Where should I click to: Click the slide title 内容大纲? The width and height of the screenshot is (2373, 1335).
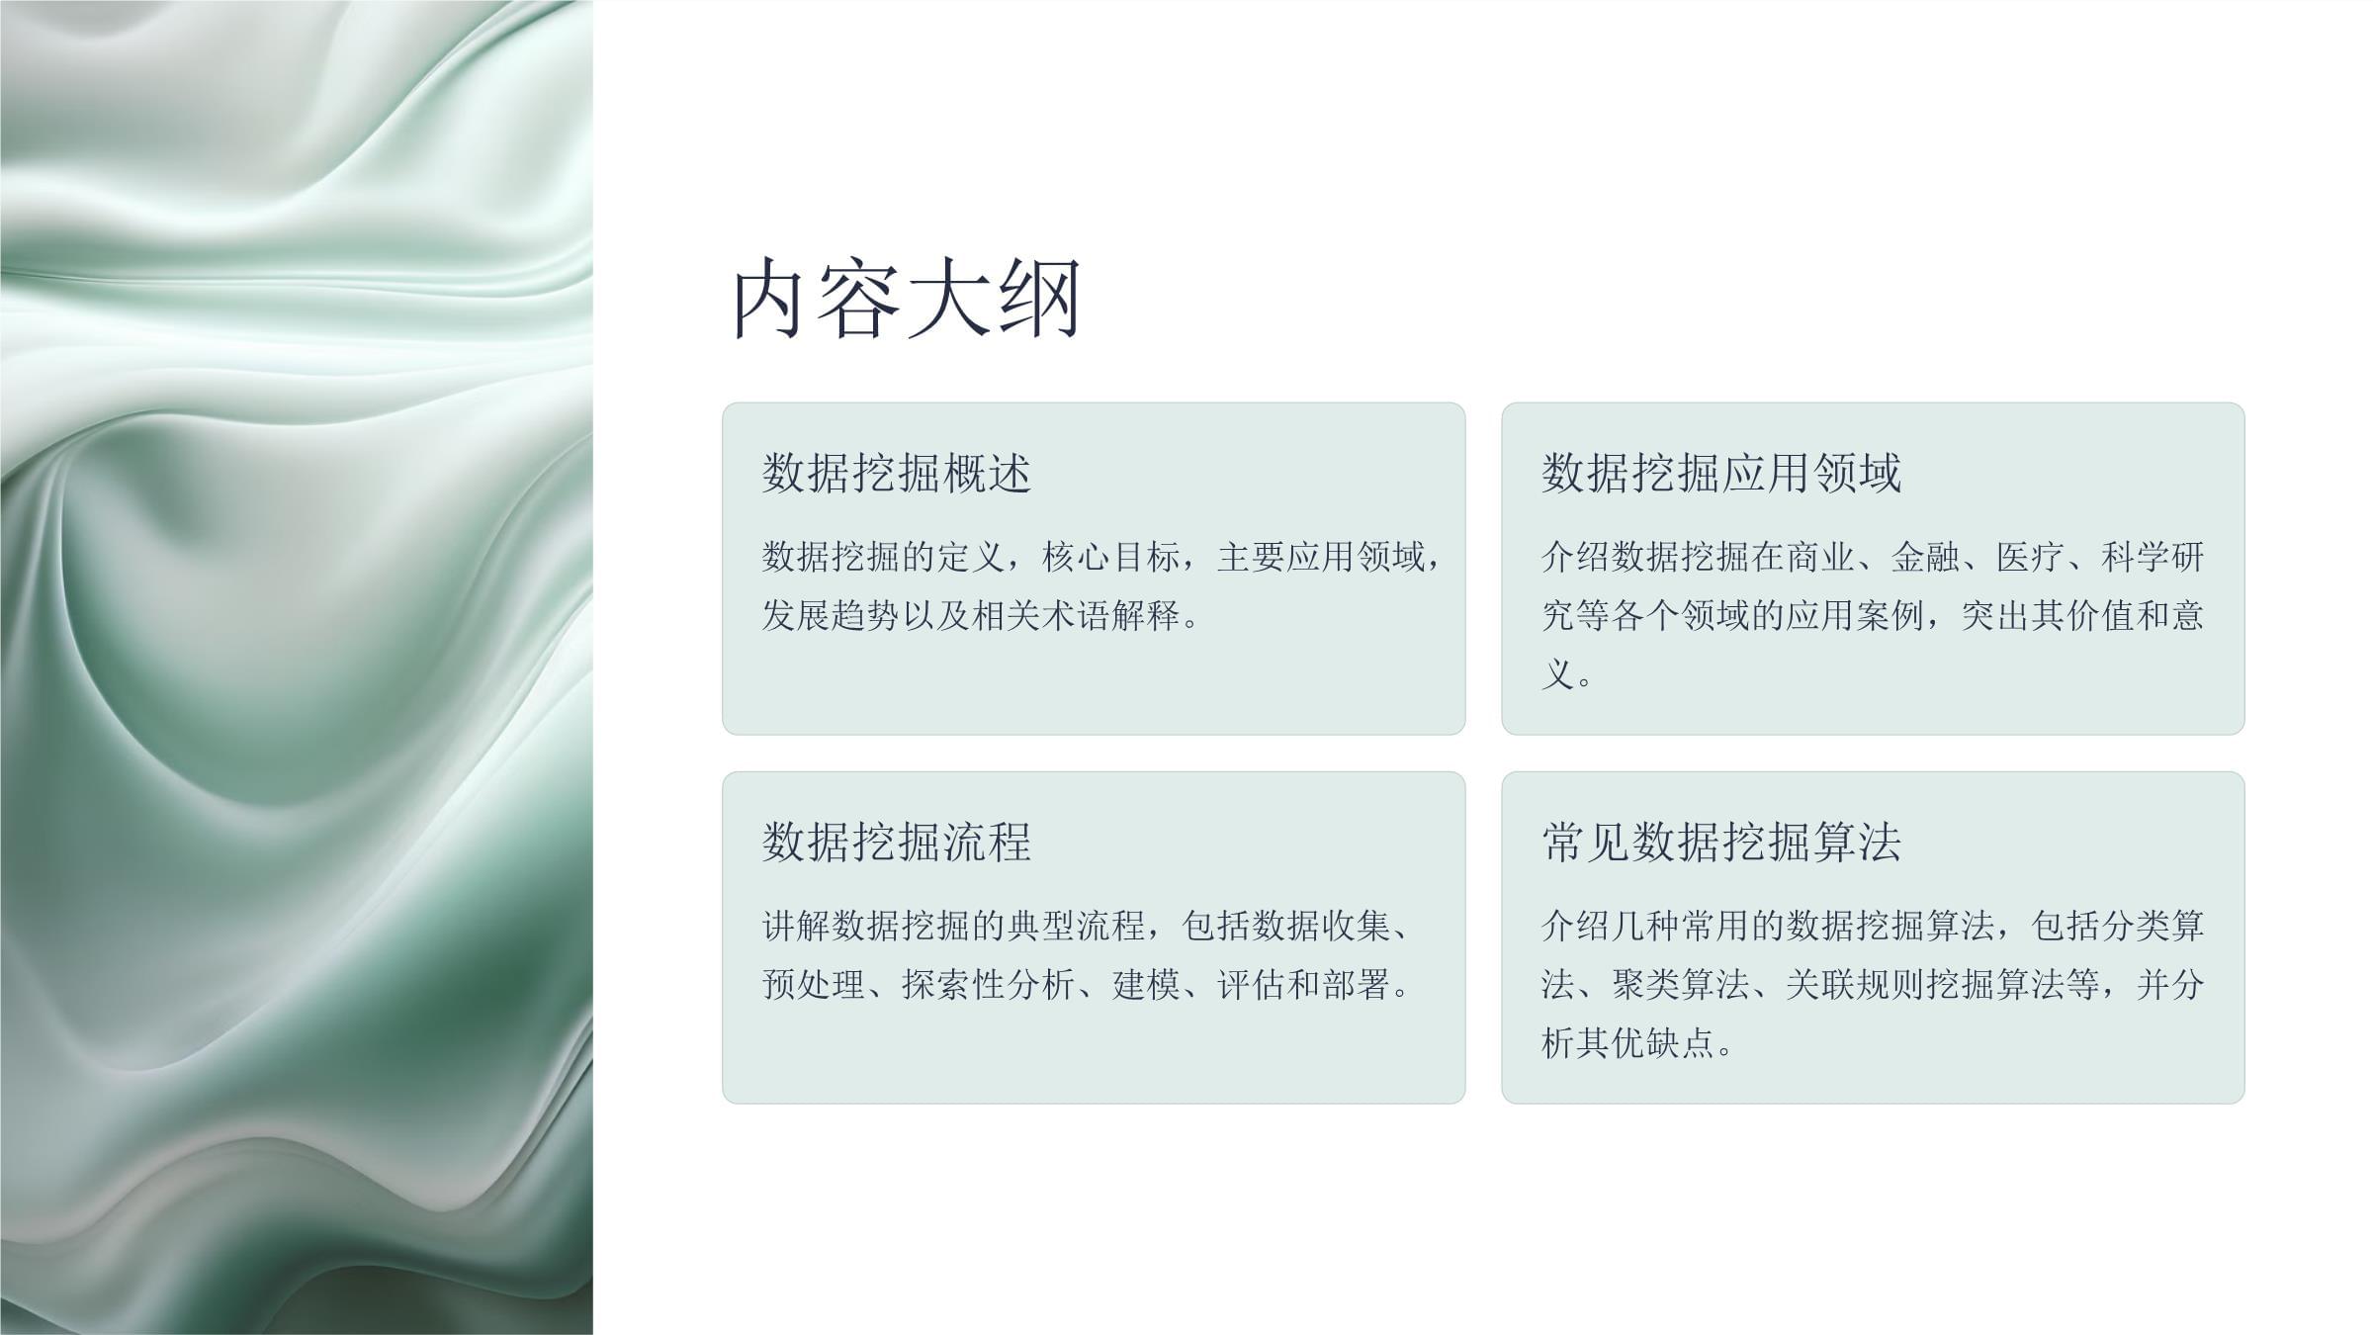pyautogui.click(x=906, y=299)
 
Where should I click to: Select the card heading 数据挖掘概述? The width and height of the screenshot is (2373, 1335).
pyautogui.click(x=897, y=473)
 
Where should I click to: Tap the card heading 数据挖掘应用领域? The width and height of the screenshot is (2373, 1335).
pyautogui.click(x=1720, y=473)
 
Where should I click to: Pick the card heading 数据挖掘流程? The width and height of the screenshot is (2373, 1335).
pyautogui.click(x=897, y=842)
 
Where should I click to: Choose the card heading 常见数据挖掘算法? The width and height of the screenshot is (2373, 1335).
pyautogui.click(x=1720, y=842)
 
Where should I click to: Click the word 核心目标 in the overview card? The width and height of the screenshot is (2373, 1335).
pyautogui.click(x=1112, y=557)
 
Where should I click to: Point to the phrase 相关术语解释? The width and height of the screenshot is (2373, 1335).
pyautogui.click(x=1077, y=615)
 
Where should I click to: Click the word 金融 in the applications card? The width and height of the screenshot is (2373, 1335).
pyautogui.click(x=1925, y=557)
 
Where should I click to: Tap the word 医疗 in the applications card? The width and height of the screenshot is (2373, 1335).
pyautogui.click(x=2031, y=557)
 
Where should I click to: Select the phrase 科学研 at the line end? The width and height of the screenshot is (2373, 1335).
pyautogui.click(x=2153, y=557)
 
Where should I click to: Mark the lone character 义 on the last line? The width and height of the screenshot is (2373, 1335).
pyautogui.click(x=1557, y=674)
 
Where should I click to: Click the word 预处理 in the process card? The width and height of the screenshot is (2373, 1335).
pyautogui.click(x=814, y=984)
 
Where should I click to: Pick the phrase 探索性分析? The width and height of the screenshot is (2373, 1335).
pyautogui.click(x=989, y=984)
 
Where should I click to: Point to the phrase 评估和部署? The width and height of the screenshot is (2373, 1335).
pyautogui.click(x=1304, y=984)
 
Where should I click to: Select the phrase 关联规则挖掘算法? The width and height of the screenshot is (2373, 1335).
pyautogui.click(x=1925, y=984)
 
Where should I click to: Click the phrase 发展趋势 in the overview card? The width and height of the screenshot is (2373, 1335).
pyautogui.click(x=831, y=615)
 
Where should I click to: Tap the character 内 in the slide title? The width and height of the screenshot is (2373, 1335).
pyautogui.click(x=766, y=299)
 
